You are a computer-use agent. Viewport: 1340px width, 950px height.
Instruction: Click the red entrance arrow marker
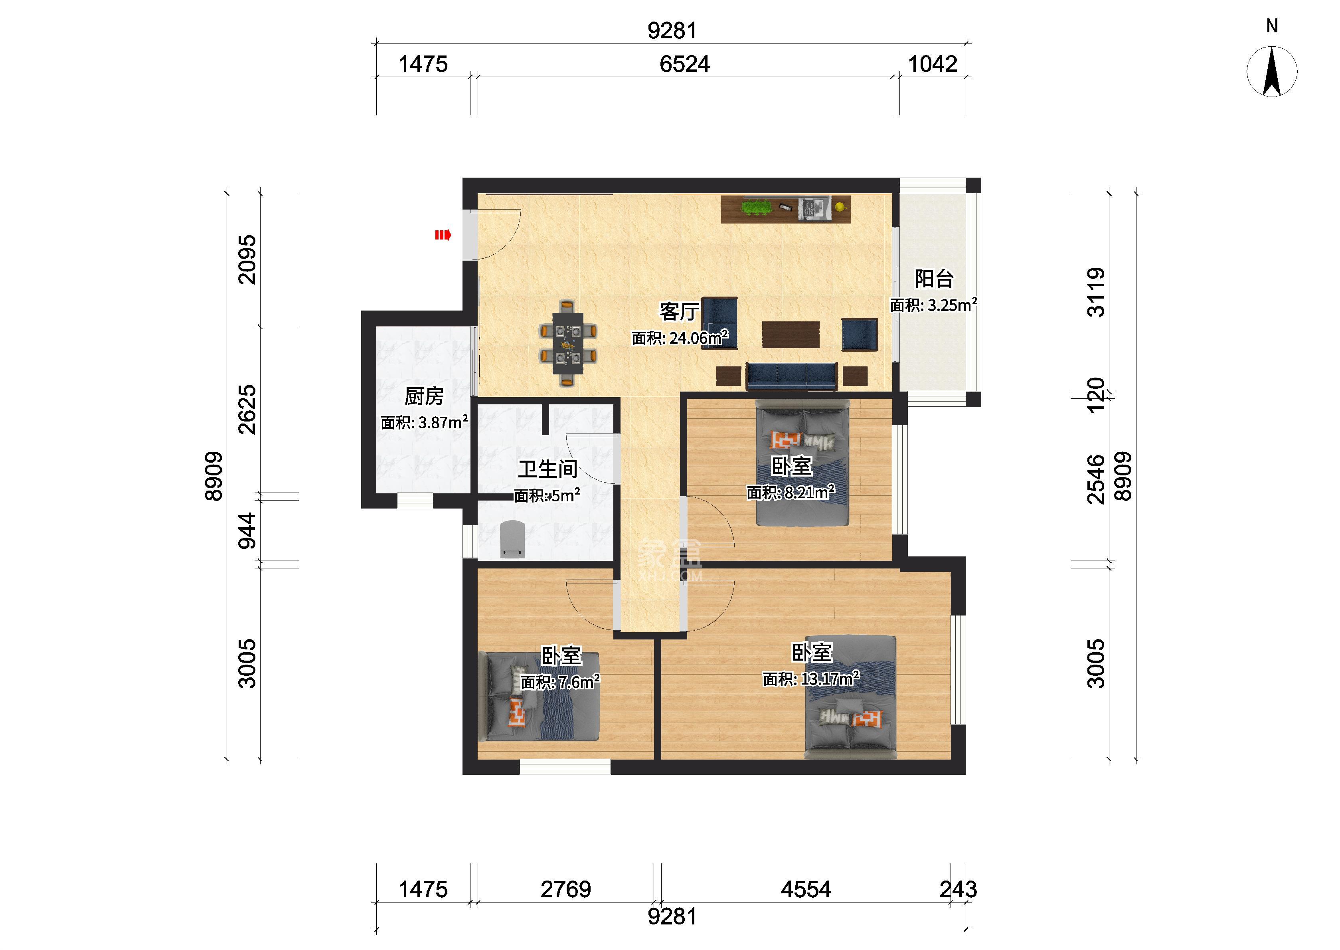point(443,235)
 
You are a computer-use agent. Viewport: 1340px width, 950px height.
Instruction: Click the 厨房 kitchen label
point(424,397)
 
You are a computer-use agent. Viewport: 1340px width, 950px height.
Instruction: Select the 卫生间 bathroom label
point(548,469)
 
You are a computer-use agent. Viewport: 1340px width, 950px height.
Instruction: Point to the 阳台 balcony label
point(934,279)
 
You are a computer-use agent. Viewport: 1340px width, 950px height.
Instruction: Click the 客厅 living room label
point(679,311)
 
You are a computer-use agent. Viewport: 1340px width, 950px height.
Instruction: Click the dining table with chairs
point(567,343)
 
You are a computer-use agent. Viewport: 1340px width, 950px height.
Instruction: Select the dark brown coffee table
point(791,334)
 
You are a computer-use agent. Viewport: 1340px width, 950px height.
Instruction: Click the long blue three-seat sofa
point(792,376)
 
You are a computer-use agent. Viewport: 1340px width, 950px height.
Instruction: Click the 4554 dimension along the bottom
point(806,890)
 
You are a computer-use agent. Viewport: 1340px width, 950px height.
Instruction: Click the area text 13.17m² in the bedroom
point(811,679)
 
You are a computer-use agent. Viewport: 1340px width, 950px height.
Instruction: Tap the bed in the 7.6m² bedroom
point(539,697)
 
